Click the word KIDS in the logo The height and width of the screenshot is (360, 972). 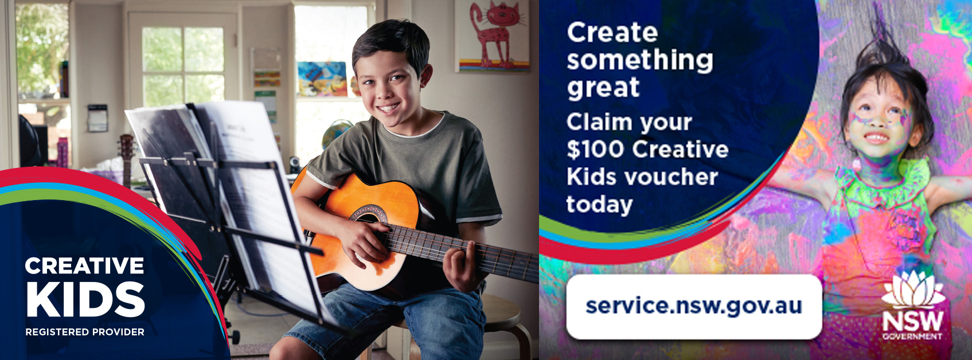point(85,299)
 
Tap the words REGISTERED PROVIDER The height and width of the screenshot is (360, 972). point(85,332)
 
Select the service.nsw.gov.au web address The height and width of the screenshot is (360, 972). point(693,306)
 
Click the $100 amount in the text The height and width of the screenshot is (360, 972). point(595,150)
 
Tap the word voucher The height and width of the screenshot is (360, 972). point(674,177)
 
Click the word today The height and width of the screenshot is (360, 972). point(599,205)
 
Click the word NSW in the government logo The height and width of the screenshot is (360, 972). point(912,322)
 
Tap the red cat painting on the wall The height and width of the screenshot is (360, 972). point(492,36)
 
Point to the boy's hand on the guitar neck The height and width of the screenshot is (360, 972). point(461,267)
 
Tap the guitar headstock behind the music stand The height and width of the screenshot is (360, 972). point(126,147)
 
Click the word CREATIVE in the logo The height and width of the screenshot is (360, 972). point(85,265)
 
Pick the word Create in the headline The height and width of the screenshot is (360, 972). point(612,33)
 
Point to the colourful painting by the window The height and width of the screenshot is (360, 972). point(322,79)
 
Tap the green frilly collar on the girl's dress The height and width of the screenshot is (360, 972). point(881,182)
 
